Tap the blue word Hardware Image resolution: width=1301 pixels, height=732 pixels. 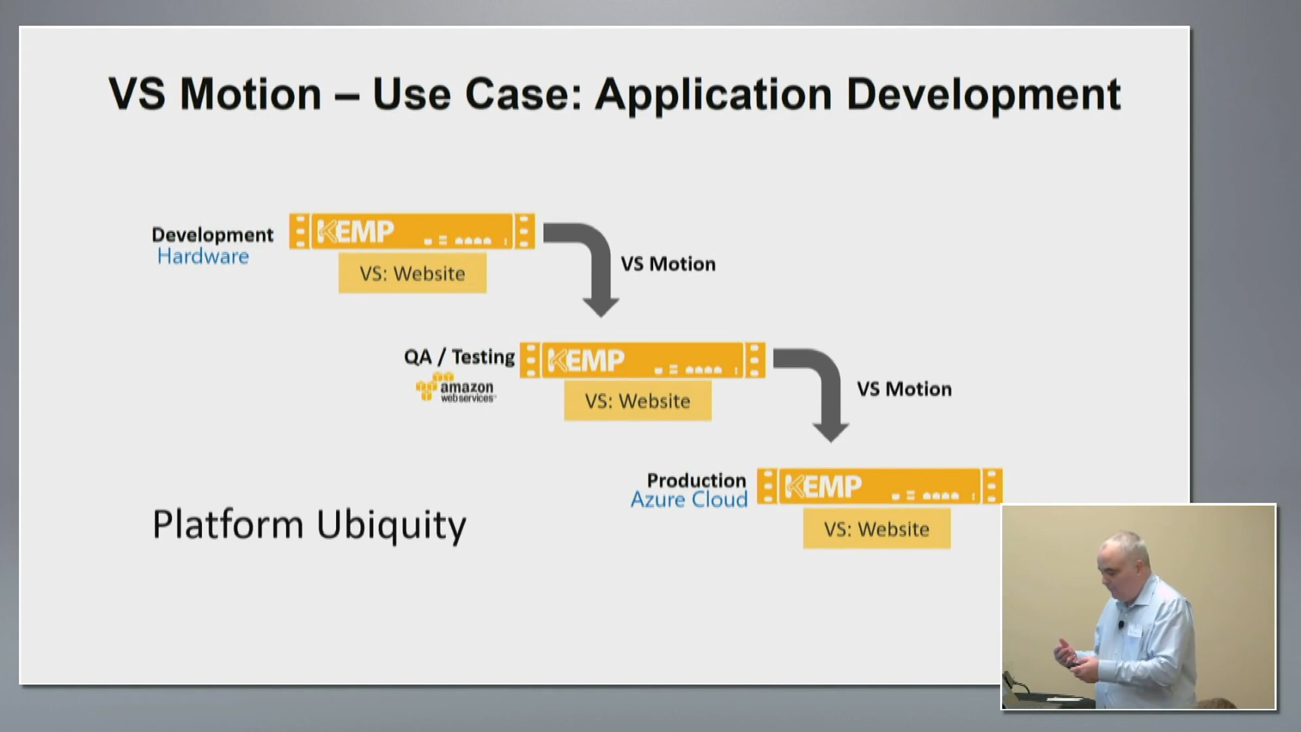[x=203, y=256]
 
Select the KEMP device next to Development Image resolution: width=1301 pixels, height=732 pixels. [x=412, y=232]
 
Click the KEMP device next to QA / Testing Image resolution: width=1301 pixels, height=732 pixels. [x=642, y=360]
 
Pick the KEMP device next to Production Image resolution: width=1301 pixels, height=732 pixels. [x=880, y=486]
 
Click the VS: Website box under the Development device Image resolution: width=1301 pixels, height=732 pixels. [x=413, y=273]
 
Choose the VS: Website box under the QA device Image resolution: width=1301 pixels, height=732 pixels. [x=638, y=401]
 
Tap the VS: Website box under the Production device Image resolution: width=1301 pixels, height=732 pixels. [x=877, y=529]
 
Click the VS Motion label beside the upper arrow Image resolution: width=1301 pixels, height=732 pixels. [x=668, y=264]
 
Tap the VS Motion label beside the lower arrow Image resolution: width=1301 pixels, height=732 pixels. [x=904, y=389]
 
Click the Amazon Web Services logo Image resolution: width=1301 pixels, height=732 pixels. [x=456, y=388]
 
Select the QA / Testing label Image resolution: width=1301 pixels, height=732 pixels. [x=459, y=357]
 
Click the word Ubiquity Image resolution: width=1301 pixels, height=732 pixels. [x=391, y=525]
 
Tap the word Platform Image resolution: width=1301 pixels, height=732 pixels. [x=228, y=525]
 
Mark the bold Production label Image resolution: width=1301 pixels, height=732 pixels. [x=697, y=480]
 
